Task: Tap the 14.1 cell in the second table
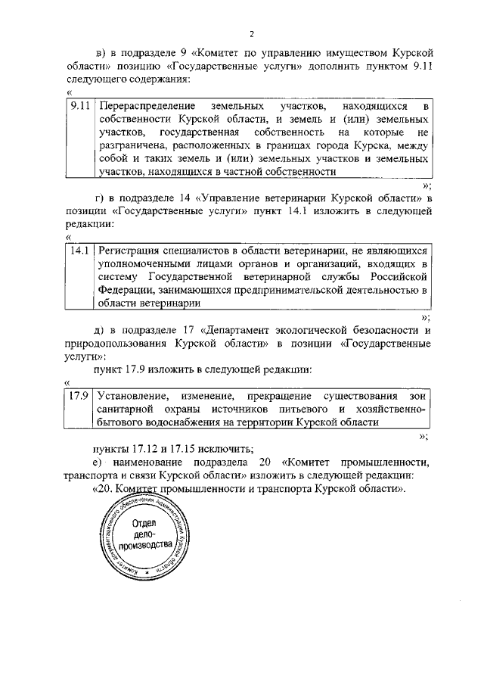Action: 79,249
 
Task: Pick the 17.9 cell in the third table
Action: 79,395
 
